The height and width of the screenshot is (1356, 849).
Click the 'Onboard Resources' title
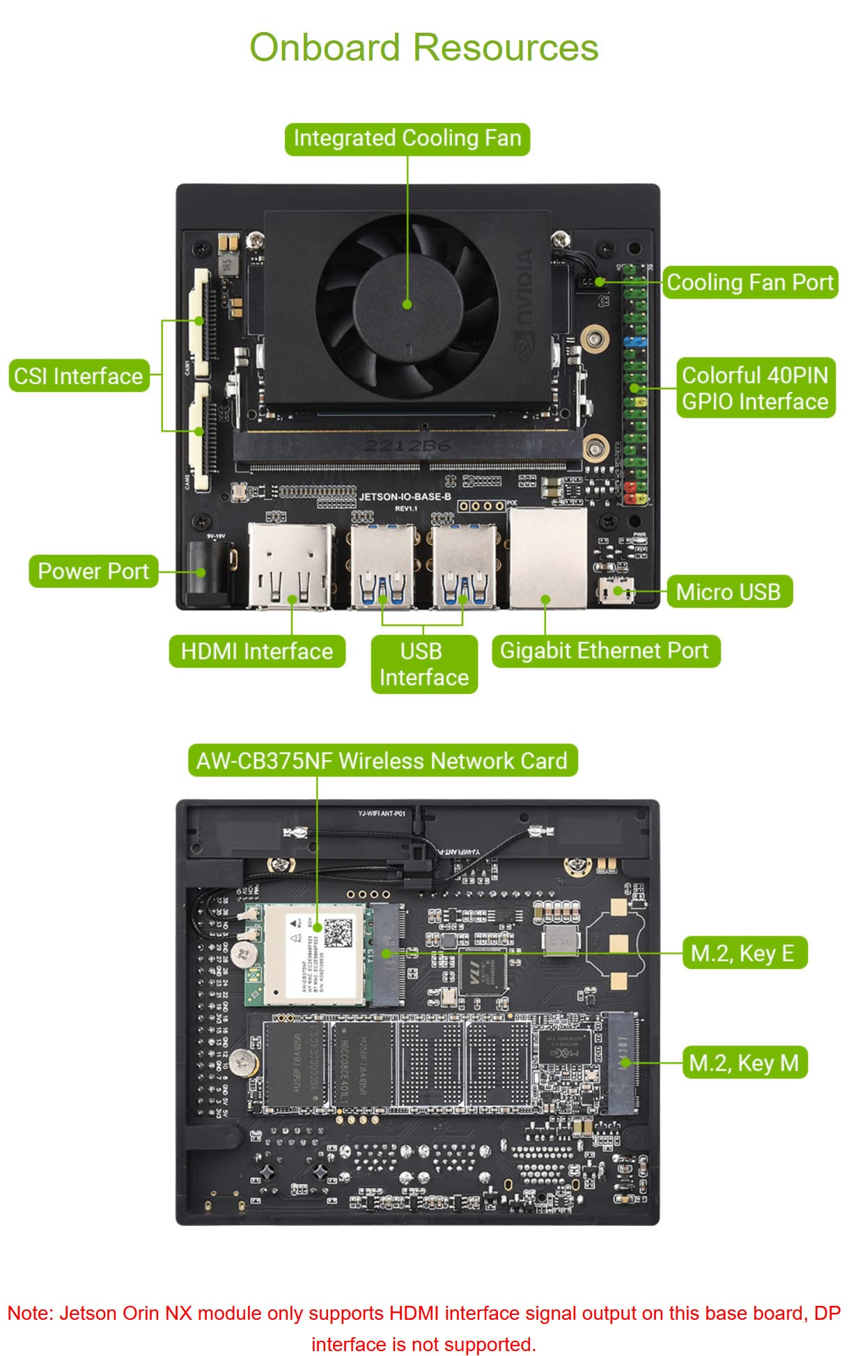pyautogui.click(x=423, y=48)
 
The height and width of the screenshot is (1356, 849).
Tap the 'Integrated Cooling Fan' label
pyautogui.click(x=407, y=139)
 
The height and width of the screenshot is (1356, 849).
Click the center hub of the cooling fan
pyautogui.click(x=407, y=304)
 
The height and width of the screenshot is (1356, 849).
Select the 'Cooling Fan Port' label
pyautogui.click(x=749, y=282)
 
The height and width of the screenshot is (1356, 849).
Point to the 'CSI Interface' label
pyautogui.click(x=79, y=376)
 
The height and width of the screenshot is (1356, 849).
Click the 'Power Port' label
pyautogui.click(x=93, y=571)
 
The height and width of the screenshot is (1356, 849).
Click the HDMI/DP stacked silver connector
pyautogui.click(x=290, y=565)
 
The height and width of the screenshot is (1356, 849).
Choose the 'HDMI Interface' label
pyautogui.click(x=257, y=652)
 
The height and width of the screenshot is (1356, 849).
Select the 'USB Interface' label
pyautogui.click(x=423, y=664)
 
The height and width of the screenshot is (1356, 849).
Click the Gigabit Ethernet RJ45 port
pyautogui.click(x=547, y=558)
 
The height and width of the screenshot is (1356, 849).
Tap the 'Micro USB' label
pyautogui.click(x=729, y=592)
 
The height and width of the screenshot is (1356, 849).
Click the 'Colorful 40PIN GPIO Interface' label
pyautogui.click(x=755, y=388)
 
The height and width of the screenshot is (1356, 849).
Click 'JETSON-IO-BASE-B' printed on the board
pyautogui.click(x=405, y=497)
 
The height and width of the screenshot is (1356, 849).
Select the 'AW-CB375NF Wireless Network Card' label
pyautogui.click(x=382, y=761)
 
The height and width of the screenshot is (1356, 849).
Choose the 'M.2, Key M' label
pyautogui.click(x=744, y=1063)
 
